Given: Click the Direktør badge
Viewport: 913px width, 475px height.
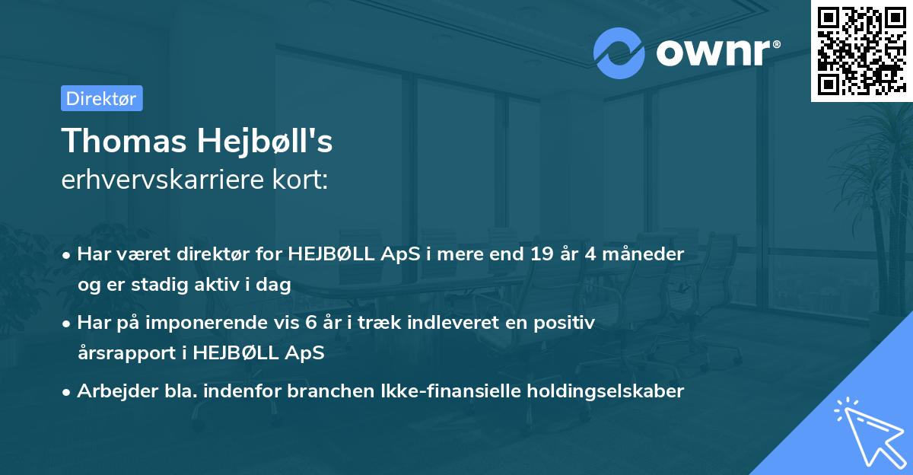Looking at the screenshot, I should coord(101,98).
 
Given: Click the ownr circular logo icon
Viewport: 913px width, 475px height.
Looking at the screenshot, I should coord(619,53).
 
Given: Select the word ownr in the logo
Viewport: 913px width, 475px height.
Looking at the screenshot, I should coord(711,53).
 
